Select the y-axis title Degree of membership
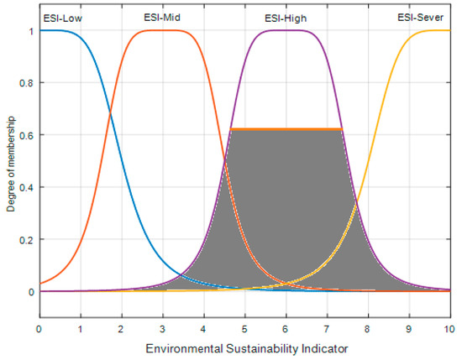click(x=9, y=162)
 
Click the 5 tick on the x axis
click(x=244, y=330)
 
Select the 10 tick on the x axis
click(x=449, y=330)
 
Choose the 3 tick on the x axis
click(x=162, y=330)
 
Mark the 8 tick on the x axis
click(x=368, y=330)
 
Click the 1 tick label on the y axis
click(x=30, y=31)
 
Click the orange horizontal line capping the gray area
click(x=286, y=129)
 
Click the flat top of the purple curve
click(x=286, y=31)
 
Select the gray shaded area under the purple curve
click(x=286, y=210)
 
